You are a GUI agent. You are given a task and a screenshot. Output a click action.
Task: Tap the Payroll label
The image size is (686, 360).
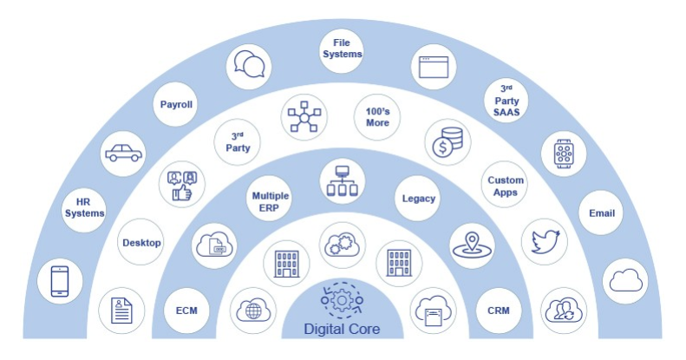(x=176, y=105)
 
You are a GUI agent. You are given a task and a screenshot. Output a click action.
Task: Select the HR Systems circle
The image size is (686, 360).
(x=84, y=207)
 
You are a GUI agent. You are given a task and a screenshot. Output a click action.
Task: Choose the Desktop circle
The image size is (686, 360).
(x=140, y=243)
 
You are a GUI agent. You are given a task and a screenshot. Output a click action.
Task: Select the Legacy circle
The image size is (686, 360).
(x=419, y=199)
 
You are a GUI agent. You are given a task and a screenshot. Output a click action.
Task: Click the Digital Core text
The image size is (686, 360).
(x=342, y=330)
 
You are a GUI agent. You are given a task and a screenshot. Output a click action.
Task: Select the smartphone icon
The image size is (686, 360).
(x=59, y=282)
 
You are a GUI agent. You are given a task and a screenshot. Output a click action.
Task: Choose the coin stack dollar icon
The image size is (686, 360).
(x=448, y=140)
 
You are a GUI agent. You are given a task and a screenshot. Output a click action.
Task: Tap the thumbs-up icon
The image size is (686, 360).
(x=182, y=183)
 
